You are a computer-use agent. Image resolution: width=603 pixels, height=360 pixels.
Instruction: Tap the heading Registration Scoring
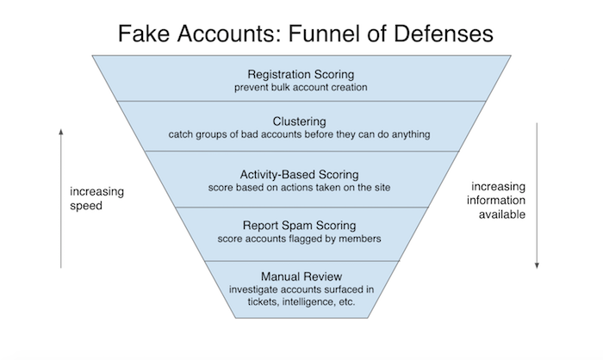coord(301,73)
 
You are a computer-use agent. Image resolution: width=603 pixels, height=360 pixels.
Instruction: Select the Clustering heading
coord(301,122)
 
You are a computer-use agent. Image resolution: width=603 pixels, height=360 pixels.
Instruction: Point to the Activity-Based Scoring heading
coord(301,174)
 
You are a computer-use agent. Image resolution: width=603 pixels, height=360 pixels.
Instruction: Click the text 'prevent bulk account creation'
coord(301,87)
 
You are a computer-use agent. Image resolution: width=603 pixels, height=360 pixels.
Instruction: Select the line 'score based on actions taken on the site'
coord(301,189)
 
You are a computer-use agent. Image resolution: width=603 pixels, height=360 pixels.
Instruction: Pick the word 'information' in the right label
coord(497,200)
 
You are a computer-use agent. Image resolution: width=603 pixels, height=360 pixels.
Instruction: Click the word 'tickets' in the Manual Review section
coord(253,305)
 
